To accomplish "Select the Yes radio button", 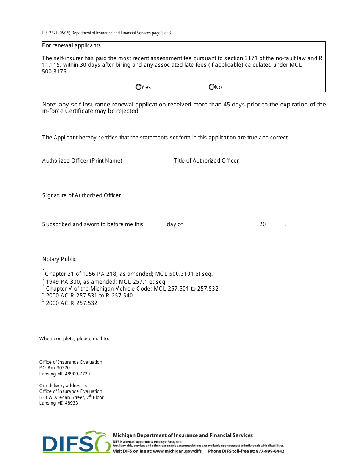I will (x=138, y=87).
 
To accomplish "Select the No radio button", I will (x=211, y=87).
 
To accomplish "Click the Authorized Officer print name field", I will (x=108, y=152).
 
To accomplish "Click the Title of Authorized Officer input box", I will (x=250, y=152).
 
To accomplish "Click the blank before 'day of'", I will (x=156, y=225).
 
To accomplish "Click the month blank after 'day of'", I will (x=220, y=225).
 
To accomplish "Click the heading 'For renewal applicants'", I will (x=72, y=45).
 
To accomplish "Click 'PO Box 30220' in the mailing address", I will (x=55, y=368).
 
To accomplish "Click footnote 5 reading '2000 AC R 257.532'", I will (x=72, y=303).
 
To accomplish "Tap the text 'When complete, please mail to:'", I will (x=74, y=339).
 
